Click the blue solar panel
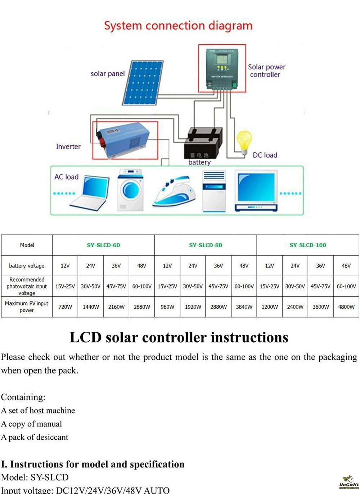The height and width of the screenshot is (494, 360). point(143,83)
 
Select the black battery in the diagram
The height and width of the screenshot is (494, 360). point(203,143)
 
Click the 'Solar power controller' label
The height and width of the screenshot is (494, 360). point(266,71)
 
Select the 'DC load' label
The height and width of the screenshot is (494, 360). point(265,155)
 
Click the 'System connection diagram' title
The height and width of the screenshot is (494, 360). point(178,26)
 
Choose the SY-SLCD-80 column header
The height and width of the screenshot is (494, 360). point(206,245)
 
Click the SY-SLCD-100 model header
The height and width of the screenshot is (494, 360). point(308,245)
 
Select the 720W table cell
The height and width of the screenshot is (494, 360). point(65,307)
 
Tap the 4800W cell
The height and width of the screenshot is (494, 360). point(346,307)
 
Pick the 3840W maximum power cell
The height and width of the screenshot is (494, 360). point(244,307)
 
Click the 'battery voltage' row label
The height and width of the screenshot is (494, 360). point(27,266)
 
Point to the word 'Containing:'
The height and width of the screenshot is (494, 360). point(23,397)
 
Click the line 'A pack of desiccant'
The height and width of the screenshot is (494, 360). point(35,437)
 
